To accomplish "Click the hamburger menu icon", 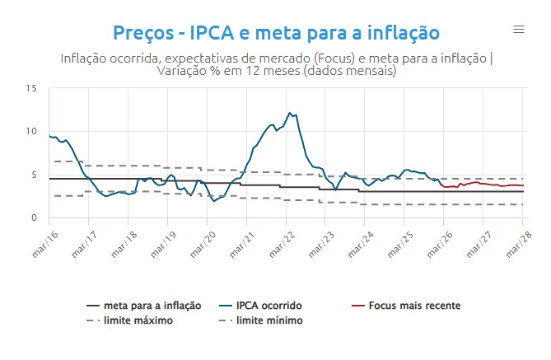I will pyautogui.click(x=519, y=30).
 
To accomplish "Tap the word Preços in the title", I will pyautogui.click(x=142, y=33).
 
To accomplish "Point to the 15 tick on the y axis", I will pyautogui.click(x=30, y=88).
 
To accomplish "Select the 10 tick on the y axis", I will pyautogui.click(x=30, y=131).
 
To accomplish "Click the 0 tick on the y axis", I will pyautogui.click(x=33, y=217).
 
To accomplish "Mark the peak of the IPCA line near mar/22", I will pyautogui.click(x=289, y=113).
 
